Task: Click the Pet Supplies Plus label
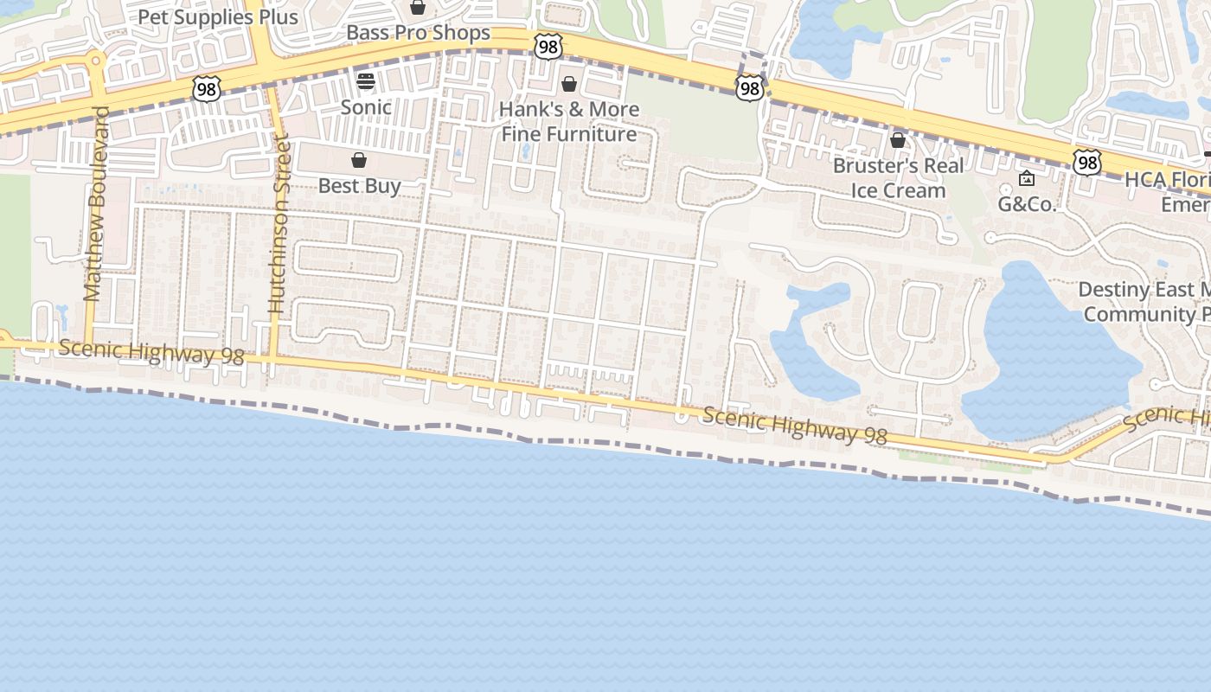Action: (218, 17)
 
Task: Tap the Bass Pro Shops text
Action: (418, 34)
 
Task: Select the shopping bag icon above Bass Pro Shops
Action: (418, 8)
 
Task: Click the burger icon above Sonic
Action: (366, 82)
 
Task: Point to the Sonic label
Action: (366, 107)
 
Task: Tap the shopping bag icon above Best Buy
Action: (359, 161)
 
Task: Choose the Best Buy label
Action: (359, 186)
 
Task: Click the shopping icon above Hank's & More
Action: (569, 84)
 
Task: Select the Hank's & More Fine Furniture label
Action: (570, 121)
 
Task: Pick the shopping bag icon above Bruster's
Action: (898, 140)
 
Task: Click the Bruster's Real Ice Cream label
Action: (898, 177)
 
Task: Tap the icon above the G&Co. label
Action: (1027, 179)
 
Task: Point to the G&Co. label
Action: (1027, 204)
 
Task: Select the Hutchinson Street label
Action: (278, 223)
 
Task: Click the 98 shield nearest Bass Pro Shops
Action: (548, 46)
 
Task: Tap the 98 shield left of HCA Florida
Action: (1086, 162)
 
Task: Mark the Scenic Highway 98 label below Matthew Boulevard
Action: (152, 353)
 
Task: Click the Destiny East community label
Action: (1144, 301)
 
